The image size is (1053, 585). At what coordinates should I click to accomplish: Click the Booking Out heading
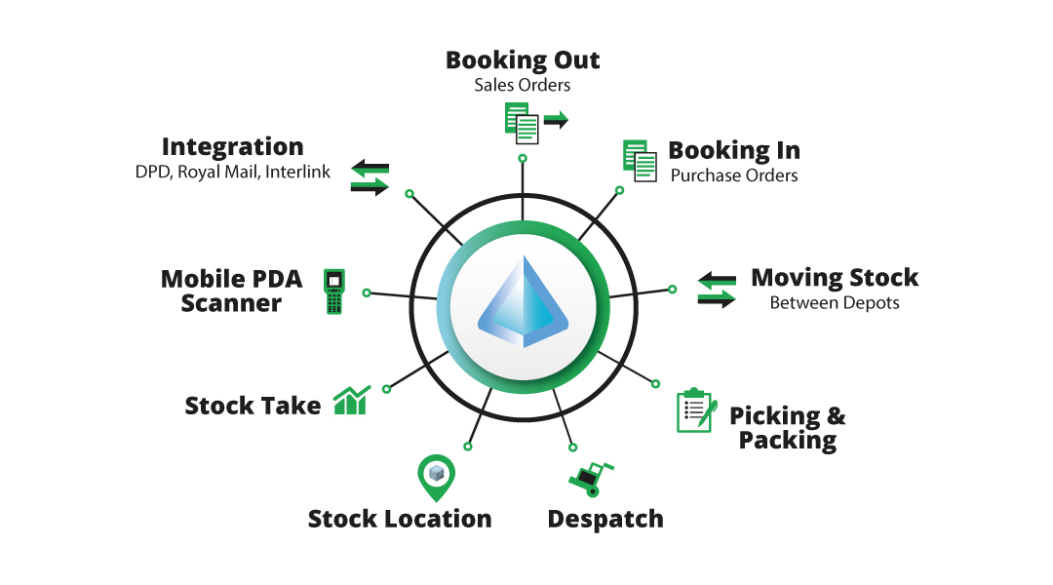coord(523,60)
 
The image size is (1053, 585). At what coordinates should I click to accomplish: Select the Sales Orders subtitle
coord(523,85)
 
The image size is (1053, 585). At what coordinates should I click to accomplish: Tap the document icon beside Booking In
coord(640,161)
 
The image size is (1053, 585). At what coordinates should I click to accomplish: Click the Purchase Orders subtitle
coord(734,176)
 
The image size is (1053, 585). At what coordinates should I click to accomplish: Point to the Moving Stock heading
coord(835,278)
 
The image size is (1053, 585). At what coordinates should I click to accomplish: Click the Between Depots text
coord(835,303)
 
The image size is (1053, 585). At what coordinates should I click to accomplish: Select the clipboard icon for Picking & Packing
coord(696,410)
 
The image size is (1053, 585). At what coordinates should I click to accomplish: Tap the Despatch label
coord(605,519)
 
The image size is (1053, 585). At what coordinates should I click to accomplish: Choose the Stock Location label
coord(400,519)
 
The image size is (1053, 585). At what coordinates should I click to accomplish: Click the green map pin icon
coord(436,476)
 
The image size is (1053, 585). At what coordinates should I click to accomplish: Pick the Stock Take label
coord(253,406)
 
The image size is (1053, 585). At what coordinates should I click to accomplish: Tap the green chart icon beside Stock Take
coord(351,400)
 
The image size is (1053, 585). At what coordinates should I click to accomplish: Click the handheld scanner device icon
coord(335,291)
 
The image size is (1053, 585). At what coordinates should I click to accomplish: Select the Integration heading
coord(232,147)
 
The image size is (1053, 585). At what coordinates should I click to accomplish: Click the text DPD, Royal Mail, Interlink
coord(232,173)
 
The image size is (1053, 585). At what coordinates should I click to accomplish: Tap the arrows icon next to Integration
coord(370,176)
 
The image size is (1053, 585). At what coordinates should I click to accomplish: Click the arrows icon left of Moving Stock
coord(718,291)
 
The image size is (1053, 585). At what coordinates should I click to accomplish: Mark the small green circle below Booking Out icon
coord(523,158)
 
